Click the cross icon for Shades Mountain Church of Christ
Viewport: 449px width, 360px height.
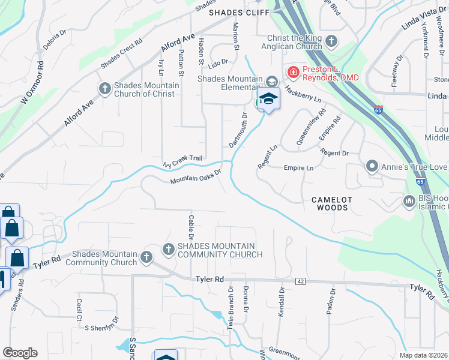(x=104, y=89)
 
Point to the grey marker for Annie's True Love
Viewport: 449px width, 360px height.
(x=372, y=166)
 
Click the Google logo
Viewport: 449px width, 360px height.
(x=20, y=353)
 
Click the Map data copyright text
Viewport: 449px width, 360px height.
(x=423, y=355)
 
